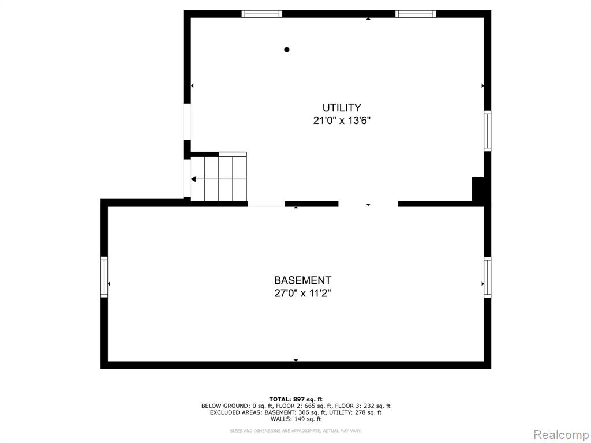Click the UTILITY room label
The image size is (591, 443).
point(342,108)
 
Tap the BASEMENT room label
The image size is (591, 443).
point(302,281)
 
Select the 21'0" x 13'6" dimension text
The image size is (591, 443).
point(342,121)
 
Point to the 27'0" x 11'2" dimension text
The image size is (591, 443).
point(302,293)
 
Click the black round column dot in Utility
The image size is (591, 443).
point(287,50)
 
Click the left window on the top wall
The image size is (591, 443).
point(261,14)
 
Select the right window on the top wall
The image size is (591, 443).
point(416,14)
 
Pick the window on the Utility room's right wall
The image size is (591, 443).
point(487,131)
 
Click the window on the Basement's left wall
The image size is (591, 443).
point(104,277)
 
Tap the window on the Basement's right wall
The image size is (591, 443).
point(487,277)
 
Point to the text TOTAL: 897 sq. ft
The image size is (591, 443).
point(296,399)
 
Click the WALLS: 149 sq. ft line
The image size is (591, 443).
point(296,419)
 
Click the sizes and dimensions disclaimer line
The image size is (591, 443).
point(296,430)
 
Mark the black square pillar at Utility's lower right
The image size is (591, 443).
point(478,189)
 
